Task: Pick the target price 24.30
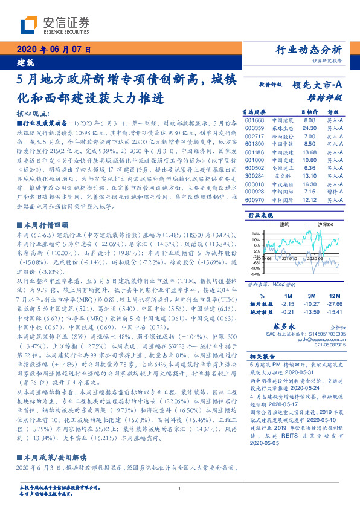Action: pyautogui.click(x=309, y=128)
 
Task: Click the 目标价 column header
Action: pyautogui.click(x=309, y=112)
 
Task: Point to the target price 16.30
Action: pyautogui.click(x=309, y=183)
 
